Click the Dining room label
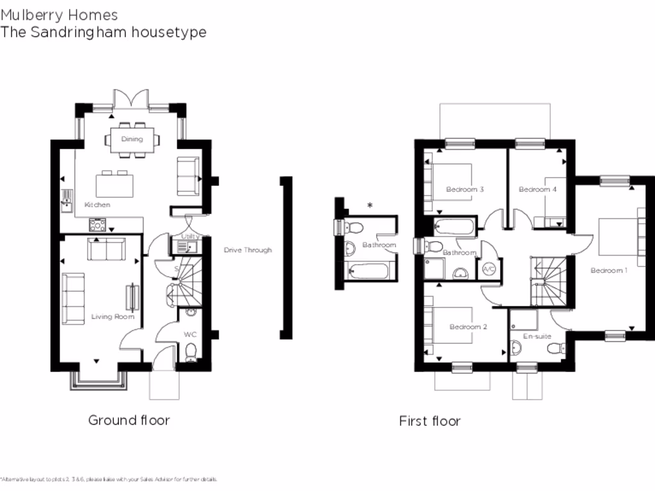point(132,139)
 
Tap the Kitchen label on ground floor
point(97,205)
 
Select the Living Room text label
point(113,316)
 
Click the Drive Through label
point(248,250)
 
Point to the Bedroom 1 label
point(608,270)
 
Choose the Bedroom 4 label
point(537,189)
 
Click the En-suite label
point(537,336)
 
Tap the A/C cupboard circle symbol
point(489,269)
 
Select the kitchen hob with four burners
point(98,224)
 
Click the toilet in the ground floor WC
point(190,353)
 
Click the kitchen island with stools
point(115,185)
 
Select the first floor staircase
point(547,279)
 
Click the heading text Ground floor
point(129,420)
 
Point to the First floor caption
point(429,421)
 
